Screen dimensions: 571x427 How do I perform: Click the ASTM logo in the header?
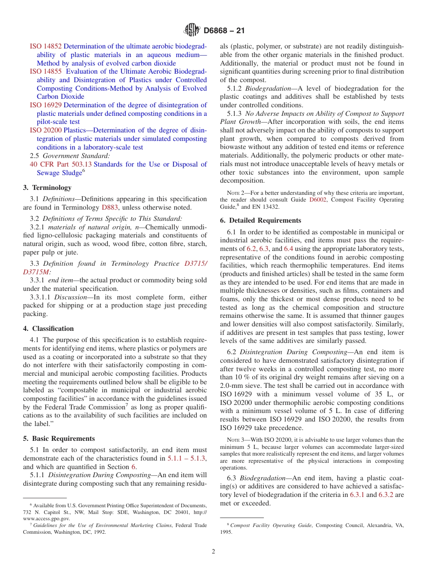pyautogui.click(x=192, y=31)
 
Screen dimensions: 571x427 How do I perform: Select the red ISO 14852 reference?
pyautogui.click(x=45, y=46)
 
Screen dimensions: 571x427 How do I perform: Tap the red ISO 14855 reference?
pyautogui.click(x=45, y=71)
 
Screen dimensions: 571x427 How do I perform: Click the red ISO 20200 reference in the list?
pyautogui.click(x=45, y=130)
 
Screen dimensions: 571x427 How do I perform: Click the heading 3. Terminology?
pyautogui.click(x=47, y=188)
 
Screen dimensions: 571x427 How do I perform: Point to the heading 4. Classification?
pyautogui.click(x=48, y=329)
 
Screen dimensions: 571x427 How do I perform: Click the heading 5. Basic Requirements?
pyautogui.click(x=59, y=439)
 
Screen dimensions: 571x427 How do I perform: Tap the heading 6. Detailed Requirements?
pyautogui.click(x=260, y=220)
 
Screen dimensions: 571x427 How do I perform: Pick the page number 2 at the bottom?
pyautogui.click(x=213, y=552)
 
